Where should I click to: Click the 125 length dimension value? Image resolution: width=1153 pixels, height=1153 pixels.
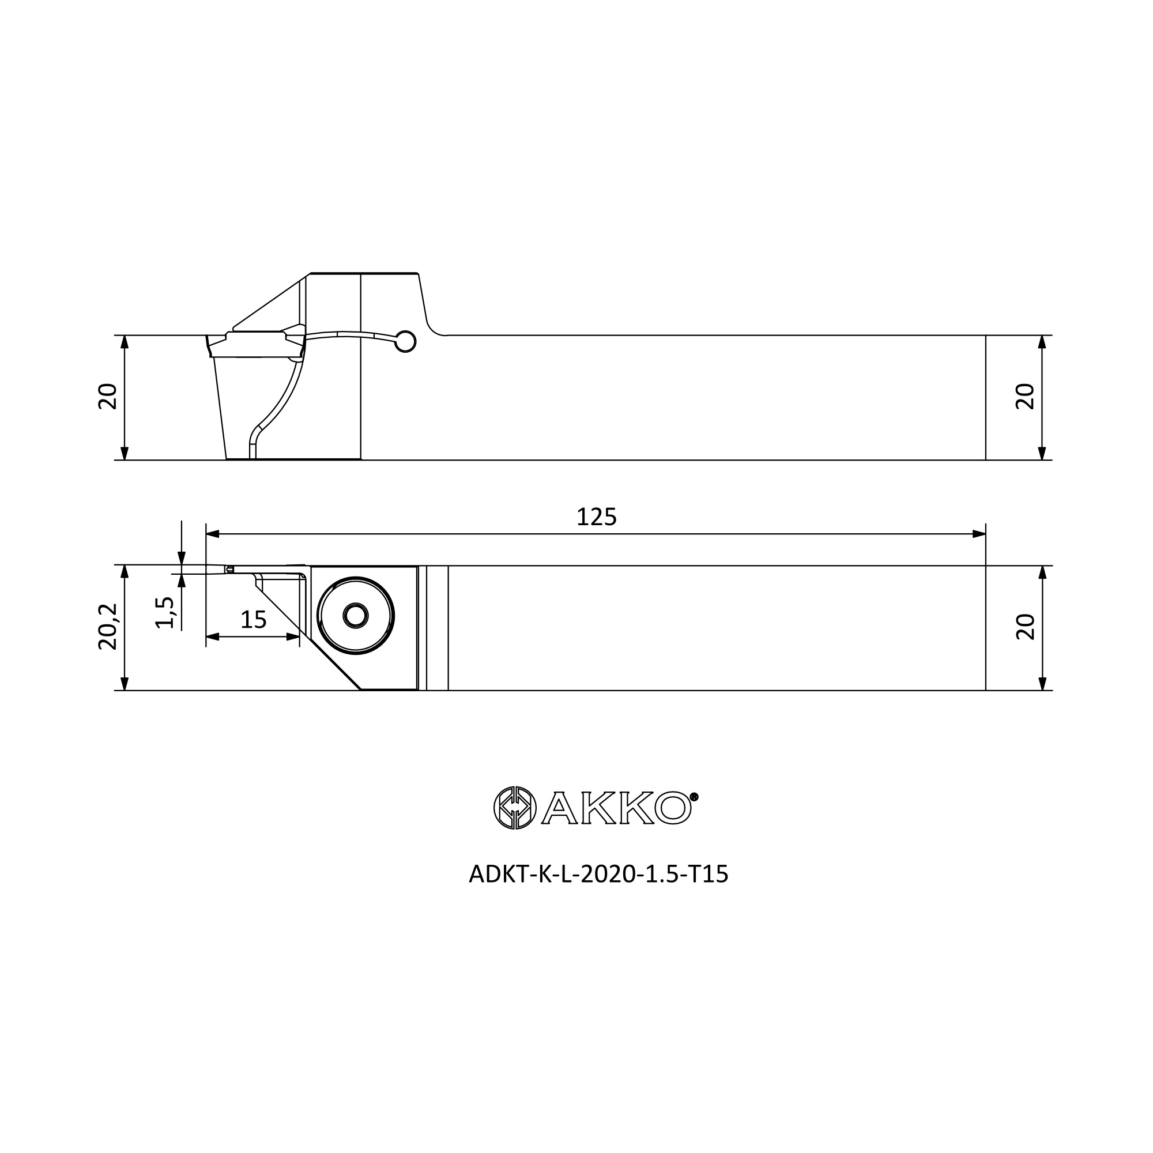tap(596, 517)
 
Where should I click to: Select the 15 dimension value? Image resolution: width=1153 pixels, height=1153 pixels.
tap(253, 620)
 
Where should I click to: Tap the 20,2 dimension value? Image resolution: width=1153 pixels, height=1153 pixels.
tap(107, 626)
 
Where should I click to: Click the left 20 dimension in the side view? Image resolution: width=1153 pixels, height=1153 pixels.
tap(107, 396)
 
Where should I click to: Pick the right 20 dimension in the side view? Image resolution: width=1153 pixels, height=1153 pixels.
tap(1024, 396)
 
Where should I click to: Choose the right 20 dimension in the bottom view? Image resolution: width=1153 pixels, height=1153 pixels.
tap(1024, 627)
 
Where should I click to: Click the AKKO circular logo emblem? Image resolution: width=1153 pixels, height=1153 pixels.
tap(515, 808)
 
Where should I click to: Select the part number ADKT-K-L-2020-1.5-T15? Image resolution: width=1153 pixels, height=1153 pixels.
tap(598, 875)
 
